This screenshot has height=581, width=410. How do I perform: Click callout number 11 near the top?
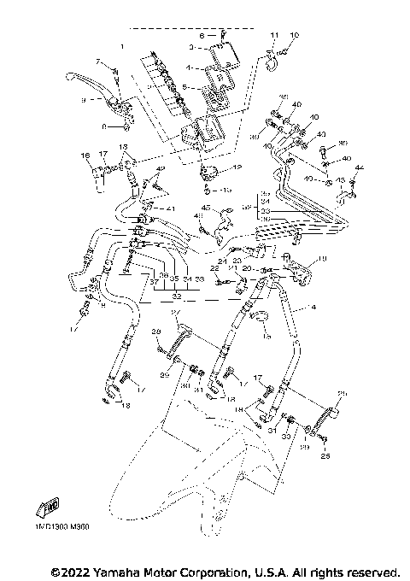click(274, 34)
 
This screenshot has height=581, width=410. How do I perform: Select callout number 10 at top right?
click(295, 34)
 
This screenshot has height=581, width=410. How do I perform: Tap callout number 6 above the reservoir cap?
click(202, 36)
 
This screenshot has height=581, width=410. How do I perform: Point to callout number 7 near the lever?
click(99, 62)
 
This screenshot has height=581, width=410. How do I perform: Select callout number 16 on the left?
click(85, 155)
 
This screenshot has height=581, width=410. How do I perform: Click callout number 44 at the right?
click(360, 167)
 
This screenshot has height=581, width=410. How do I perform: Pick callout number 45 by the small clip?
click(206, 208)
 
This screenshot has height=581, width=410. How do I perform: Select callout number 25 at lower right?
click(325, 456)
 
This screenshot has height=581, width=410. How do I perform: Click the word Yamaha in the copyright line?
click(124, 570)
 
